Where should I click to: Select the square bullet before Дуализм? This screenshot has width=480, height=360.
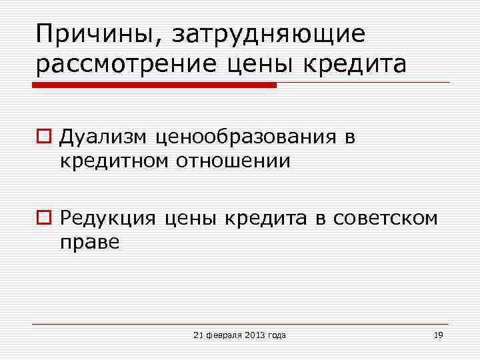pos(45,137)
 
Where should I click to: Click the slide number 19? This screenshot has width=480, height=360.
pos(438,335)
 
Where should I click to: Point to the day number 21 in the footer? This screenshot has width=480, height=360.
pos(197,335)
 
